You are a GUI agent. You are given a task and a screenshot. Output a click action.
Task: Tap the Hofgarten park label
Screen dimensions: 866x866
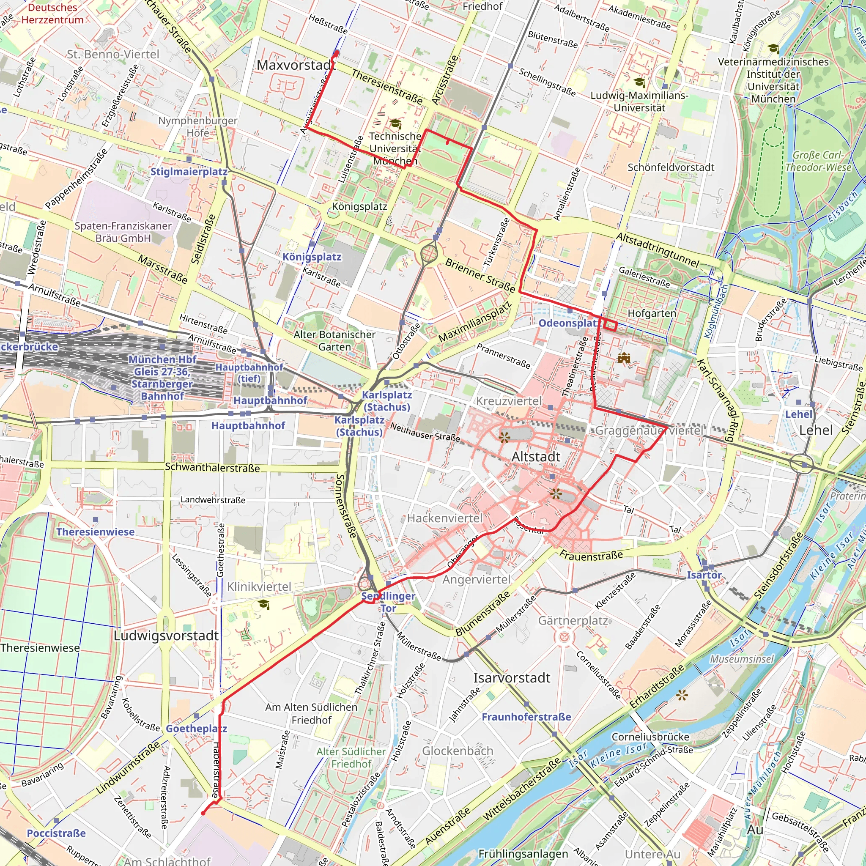click(x=652, y=313)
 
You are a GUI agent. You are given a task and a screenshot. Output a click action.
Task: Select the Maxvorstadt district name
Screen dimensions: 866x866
click(x=296, y=65)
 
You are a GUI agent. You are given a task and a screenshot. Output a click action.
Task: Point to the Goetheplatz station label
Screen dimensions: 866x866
click(x=196, y=729)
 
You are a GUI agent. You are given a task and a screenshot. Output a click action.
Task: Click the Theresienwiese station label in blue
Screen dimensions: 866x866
click(x=95, y=532)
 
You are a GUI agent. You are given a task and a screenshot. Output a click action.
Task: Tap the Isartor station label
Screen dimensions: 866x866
click(x=704, y=575)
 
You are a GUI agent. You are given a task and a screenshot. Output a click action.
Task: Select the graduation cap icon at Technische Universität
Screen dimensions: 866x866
click(x=395, y=123)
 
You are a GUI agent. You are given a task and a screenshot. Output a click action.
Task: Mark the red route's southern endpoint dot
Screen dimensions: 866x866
click(x=203, y=813)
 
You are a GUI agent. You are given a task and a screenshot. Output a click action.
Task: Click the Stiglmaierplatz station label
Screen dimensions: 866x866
click(x=189, y=172)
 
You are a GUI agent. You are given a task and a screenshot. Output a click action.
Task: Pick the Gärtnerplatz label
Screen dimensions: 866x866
click(x=573, y=620)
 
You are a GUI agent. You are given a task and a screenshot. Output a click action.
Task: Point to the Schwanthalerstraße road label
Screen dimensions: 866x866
click(x=212, y=468)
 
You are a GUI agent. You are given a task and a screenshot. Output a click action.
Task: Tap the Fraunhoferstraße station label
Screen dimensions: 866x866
click(x=526, y=717)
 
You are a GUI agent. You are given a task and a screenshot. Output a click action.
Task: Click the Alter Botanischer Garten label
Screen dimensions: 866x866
click(x=334, y=341)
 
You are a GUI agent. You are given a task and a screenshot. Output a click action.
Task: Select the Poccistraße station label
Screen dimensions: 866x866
click(x=56, y=833)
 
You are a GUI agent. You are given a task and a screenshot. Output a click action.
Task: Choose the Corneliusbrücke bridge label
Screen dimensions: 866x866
click(x=650, y=737)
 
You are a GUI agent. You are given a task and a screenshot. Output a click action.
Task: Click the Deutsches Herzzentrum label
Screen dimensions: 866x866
click(x=52, y=14)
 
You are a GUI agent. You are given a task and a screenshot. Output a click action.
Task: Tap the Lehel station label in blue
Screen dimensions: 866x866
click(x=798, y=414)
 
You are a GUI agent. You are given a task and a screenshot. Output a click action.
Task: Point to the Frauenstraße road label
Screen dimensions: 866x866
click(x=591, y=556)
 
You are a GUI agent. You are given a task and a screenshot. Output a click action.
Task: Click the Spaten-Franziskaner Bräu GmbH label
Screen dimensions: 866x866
click(x=123, y=232)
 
